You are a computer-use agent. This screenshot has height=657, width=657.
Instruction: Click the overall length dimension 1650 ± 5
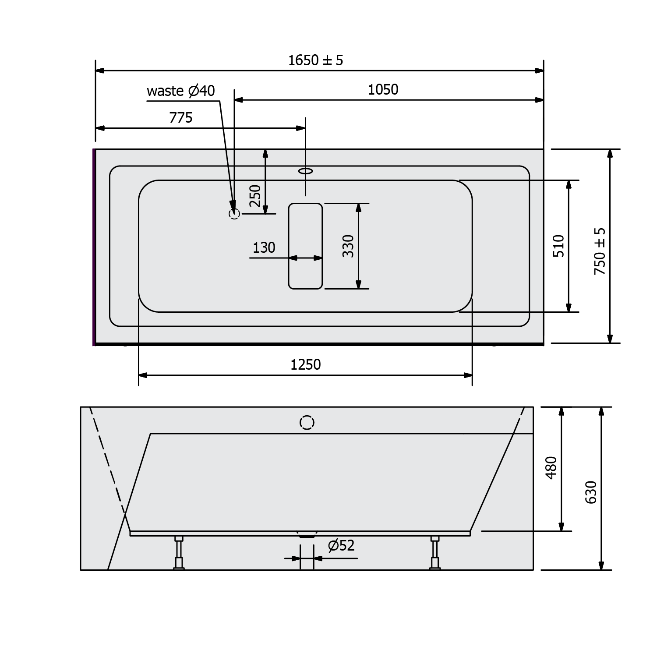[x=315, y=60]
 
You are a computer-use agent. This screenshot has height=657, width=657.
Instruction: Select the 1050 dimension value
[x=383, y=90]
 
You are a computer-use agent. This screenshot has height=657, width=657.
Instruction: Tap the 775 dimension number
[x=181, y=118]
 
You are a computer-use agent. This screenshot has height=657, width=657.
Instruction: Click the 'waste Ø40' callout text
[x=181, y=91]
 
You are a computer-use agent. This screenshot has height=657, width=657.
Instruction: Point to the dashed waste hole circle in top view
[x=234, y=214]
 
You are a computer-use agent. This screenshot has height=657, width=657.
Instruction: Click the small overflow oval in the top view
[x=306, y=170]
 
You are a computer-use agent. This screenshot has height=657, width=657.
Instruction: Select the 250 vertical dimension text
[x=255, y=196]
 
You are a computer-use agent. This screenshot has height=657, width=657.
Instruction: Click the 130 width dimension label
[x=264, y=248]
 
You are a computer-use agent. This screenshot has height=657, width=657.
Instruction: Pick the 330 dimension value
[x=348, y=246]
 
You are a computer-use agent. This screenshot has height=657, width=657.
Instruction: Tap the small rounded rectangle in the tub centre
[x=305, y=246]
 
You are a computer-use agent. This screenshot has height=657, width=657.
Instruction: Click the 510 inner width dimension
[x=559, y=246]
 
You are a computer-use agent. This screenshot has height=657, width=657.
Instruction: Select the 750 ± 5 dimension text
[x=600, y=251]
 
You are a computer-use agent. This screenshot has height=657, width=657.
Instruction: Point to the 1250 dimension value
[x=306, y=365]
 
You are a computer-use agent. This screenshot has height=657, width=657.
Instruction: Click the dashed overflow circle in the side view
[x=307, y=423]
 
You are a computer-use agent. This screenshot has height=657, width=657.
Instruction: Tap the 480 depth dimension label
[x=551, y=468]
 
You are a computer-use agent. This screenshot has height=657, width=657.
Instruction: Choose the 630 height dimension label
[x=591, y=492]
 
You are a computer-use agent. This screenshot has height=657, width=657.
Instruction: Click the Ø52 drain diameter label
[x=341, y=546]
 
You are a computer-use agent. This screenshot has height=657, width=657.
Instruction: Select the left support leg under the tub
[x=179, y=553]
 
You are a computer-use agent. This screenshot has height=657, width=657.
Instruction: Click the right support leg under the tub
[x=435, y=553]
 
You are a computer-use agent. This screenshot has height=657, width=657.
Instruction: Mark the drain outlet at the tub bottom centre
[x=307, y=534]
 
